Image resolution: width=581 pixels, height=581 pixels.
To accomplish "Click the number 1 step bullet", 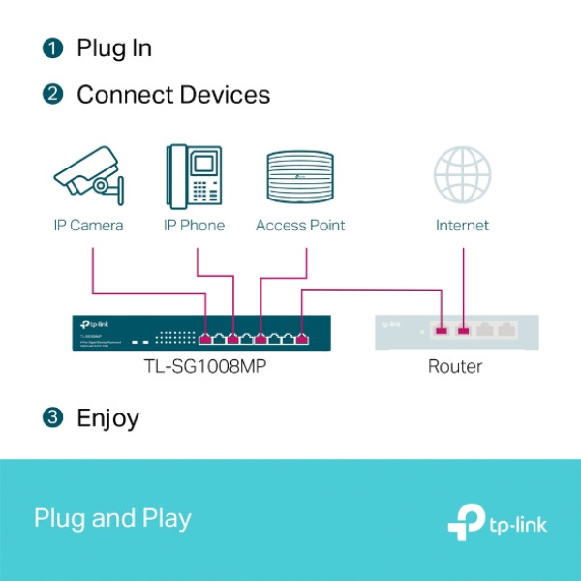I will coord(52,47).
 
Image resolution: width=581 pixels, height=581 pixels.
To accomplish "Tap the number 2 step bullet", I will coord(52,95).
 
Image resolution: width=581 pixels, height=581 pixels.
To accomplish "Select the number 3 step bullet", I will coord(52,418).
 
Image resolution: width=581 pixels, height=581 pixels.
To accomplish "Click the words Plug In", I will coord(114,47).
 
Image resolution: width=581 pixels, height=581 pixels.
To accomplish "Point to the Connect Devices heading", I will coord(173,95).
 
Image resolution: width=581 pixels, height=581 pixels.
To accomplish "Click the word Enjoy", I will coord(107,418).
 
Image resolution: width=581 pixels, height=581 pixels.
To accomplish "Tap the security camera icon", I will coord(89,176).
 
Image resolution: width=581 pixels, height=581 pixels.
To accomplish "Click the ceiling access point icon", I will coord(300,176).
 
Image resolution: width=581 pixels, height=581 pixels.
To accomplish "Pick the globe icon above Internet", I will coord(462,176).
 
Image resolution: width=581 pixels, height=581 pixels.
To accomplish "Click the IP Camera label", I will coord(88,226).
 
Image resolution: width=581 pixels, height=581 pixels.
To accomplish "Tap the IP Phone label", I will coord(194,226).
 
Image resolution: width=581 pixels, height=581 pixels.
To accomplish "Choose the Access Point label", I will coord(300,226).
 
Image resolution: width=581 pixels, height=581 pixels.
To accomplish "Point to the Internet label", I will coord(462,226).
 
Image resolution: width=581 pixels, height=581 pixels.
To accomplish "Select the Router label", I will coord(455,367).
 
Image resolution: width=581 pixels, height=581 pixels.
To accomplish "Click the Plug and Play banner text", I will coord(112,518).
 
